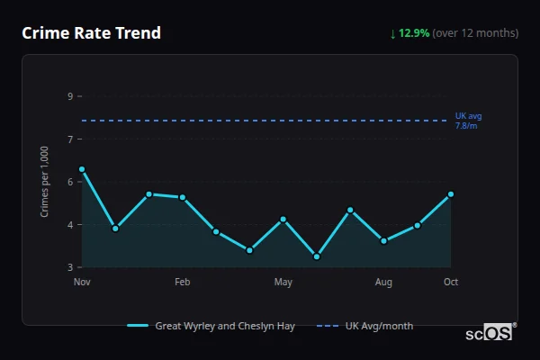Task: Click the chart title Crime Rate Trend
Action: pyautogui.click(x=91, y=33)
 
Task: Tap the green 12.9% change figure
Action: pyautogui.click(x=416, y=33)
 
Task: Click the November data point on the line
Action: pyautogui.click(x=82, y=169)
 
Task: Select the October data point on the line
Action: pyautogui.click(x=451, y=194)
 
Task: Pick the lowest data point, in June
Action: pyautogui.click(x=317, y=256)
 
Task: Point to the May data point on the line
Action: pyautogui.click(x=283, y=219)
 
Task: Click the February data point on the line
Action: pyautogui.click(x=183, y=197)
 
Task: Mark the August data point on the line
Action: pyautogui.click(x=383, y=240)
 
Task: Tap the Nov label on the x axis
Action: pyautogui.click(x=82, y=283)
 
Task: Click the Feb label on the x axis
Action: pyautogui.click(x=183, y=283)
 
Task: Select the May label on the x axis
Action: pyautogui.click(x=283, y=283)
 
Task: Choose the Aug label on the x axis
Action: pyautogui.click(x=383, y=283)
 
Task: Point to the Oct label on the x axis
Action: pyautogui.click(x=451, y=283)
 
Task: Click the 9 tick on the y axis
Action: pyautogui.click(x=70, y=95)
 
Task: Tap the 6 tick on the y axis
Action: pyautogui.click(x=70, y=182)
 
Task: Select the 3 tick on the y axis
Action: pyautogui.click(x=70, y=267)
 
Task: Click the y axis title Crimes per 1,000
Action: pyautogui.click(x=45, y=181)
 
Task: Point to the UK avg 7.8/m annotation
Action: pyautogui.click(x=469, y=121)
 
